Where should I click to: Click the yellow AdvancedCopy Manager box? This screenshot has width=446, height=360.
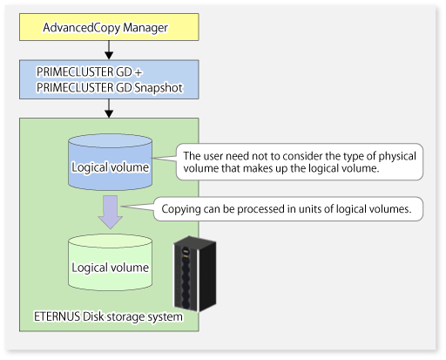coord(109,27)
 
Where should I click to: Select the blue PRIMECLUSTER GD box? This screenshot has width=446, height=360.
coord(109,79)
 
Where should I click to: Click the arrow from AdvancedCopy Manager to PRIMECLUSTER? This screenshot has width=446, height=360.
coord(109,50)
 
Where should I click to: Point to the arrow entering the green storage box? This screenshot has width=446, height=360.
coord(109,108)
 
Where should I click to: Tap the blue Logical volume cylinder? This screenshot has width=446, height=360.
coord(110,162)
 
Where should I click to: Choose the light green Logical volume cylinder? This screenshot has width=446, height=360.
coord(110,262)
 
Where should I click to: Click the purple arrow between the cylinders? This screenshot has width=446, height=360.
coord(111,212)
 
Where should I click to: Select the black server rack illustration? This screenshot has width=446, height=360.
coord(195,274)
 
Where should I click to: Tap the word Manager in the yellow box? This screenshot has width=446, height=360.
coord(145,28)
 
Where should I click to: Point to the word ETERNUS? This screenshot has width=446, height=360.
coord(57,316)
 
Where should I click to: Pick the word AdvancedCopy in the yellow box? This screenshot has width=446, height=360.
coord(82,28)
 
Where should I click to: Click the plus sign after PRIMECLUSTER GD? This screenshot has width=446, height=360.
coord(139,72)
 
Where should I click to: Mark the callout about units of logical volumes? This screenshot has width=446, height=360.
coord(288,209)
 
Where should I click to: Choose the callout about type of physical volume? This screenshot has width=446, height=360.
coord(300,162)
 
